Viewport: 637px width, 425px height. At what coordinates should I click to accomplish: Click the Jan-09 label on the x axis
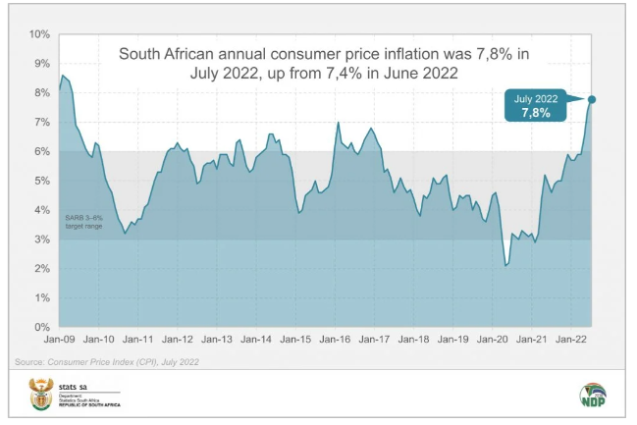pyautogui.click(x=60, y=340)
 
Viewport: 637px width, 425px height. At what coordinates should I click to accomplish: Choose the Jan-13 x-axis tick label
pyautogui.click(x=217, y=340)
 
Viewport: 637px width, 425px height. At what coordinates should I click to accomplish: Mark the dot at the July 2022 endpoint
pyautogui.click(x=592, y=99)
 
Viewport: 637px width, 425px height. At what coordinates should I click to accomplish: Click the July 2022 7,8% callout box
pyautogui.click(x=535, y=105)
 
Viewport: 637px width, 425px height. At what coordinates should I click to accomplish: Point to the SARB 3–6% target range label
pyautogui.click(x=85, y=221)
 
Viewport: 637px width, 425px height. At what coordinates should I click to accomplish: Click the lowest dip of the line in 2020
pyautogui.click(x=506, y=265)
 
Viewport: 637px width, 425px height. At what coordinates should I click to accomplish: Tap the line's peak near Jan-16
pyautogui.click(x=338, y=123)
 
